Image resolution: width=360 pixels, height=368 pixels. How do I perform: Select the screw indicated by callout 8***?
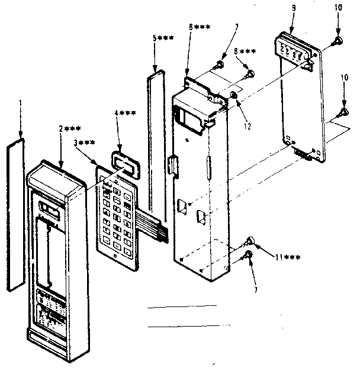click(250, 74)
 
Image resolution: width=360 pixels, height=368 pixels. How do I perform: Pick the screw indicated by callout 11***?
click(250, 241)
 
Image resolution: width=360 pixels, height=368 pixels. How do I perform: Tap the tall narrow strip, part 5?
click(157, 142)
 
